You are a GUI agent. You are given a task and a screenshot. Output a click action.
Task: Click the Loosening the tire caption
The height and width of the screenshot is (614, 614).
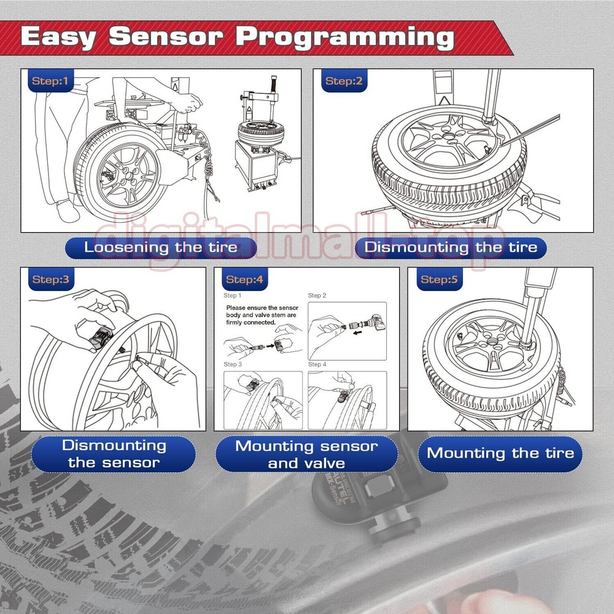[160, 247]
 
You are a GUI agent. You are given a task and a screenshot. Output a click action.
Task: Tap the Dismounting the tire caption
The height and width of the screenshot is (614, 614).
[451, 247]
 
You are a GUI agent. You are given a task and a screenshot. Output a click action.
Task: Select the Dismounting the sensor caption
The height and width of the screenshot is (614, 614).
[114, 454]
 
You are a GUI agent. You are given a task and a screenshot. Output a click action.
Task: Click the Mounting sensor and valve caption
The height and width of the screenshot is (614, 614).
[307, 454]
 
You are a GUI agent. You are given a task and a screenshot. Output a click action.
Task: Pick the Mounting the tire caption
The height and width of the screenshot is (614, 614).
[500, 454]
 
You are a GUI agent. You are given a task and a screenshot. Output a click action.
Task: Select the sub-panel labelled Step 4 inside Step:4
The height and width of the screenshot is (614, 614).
[347, 400]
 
